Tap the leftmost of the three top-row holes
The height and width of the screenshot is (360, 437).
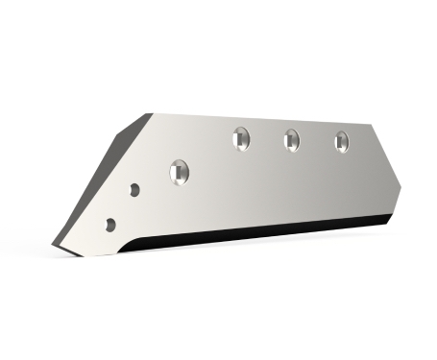[241, 138]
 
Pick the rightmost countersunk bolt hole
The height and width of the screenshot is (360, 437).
[342, 141]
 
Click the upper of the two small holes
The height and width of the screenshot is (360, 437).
[135, 190]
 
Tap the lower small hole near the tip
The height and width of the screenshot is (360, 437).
[111, 224]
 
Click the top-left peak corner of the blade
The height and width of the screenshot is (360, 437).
[150, 113]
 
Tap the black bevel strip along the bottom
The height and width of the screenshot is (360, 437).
[259, 231]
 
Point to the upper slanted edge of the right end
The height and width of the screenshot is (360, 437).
[387, 152]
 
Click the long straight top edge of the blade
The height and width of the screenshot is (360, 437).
[259, 119]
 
